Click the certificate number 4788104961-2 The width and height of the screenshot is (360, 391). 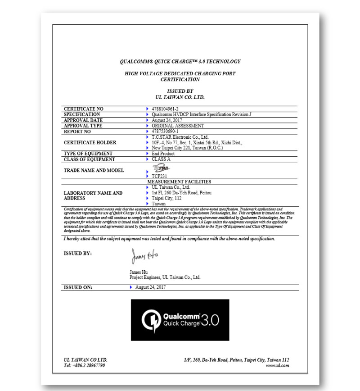point(165,109)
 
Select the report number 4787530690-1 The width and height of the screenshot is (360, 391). point(165,132)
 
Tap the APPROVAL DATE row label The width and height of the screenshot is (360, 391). point(83,120)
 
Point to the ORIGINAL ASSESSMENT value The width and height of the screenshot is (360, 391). point(178,126)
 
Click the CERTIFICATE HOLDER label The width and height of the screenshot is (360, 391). point(90,142)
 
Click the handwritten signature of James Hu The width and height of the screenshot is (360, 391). point(144,255)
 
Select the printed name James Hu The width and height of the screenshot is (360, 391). point(139,272)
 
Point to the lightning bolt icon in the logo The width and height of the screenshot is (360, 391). point(151,320)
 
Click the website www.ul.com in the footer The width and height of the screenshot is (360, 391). point(279,365)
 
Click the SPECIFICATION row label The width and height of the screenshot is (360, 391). point(82,115)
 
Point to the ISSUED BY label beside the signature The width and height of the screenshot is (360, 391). point(78,254)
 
